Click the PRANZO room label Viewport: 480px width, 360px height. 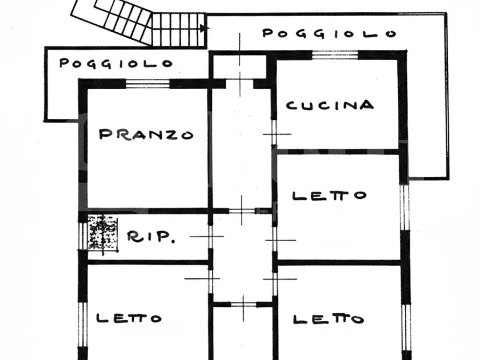pyautogui.click(x=146, y=134)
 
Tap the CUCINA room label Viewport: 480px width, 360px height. pyautogui.click(x=329, y=105)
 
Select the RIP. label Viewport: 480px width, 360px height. pyautogui.click(x=151, y=237)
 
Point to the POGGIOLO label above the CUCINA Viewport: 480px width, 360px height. pyautogui.click(x=329, y=33)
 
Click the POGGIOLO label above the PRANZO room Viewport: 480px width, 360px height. pyautogui.click(x=116, y=63)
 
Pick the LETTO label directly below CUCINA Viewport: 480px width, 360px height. pyautogui.click(x=329, y=196)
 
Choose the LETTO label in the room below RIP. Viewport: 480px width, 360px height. pyautogui.click(x=129, y=318)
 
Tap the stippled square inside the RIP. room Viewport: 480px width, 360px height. pyautogui.click(x=103, y=232)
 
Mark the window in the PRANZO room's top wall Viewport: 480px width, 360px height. pyautogui.click(x=148, y=83)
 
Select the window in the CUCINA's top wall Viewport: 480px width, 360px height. pyautogui.click(x=335, y=54)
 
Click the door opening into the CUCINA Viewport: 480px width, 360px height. pyautogui.click(x=274, y=133)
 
